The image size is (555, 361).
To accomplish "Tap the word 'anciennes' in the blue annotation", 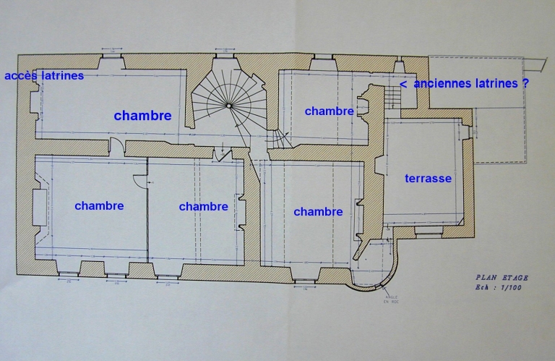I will [440, 84].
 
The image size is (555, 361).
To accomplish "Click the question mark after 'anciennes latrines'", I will [525, 84].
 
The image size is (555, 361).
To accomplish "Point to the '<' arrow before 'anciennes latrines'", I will [403, 84].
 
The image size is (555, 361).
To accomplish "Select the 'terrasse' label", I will [428, 178].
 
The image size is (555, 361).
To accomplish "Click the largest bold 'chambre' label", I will [142, 116].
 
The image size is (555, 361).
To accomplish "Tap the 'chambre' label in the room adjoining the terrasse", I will [318, 212].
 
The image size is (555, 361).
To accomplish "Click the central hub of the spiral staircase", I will [228, 106].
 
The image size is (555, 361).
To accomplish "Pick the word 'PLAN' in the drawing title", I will [486, 277].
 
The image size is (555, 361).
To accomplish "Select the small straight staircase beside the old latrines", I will [392, 95].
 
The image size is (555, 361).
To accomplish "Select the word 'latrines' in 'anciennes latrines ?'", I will [495, 84].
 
